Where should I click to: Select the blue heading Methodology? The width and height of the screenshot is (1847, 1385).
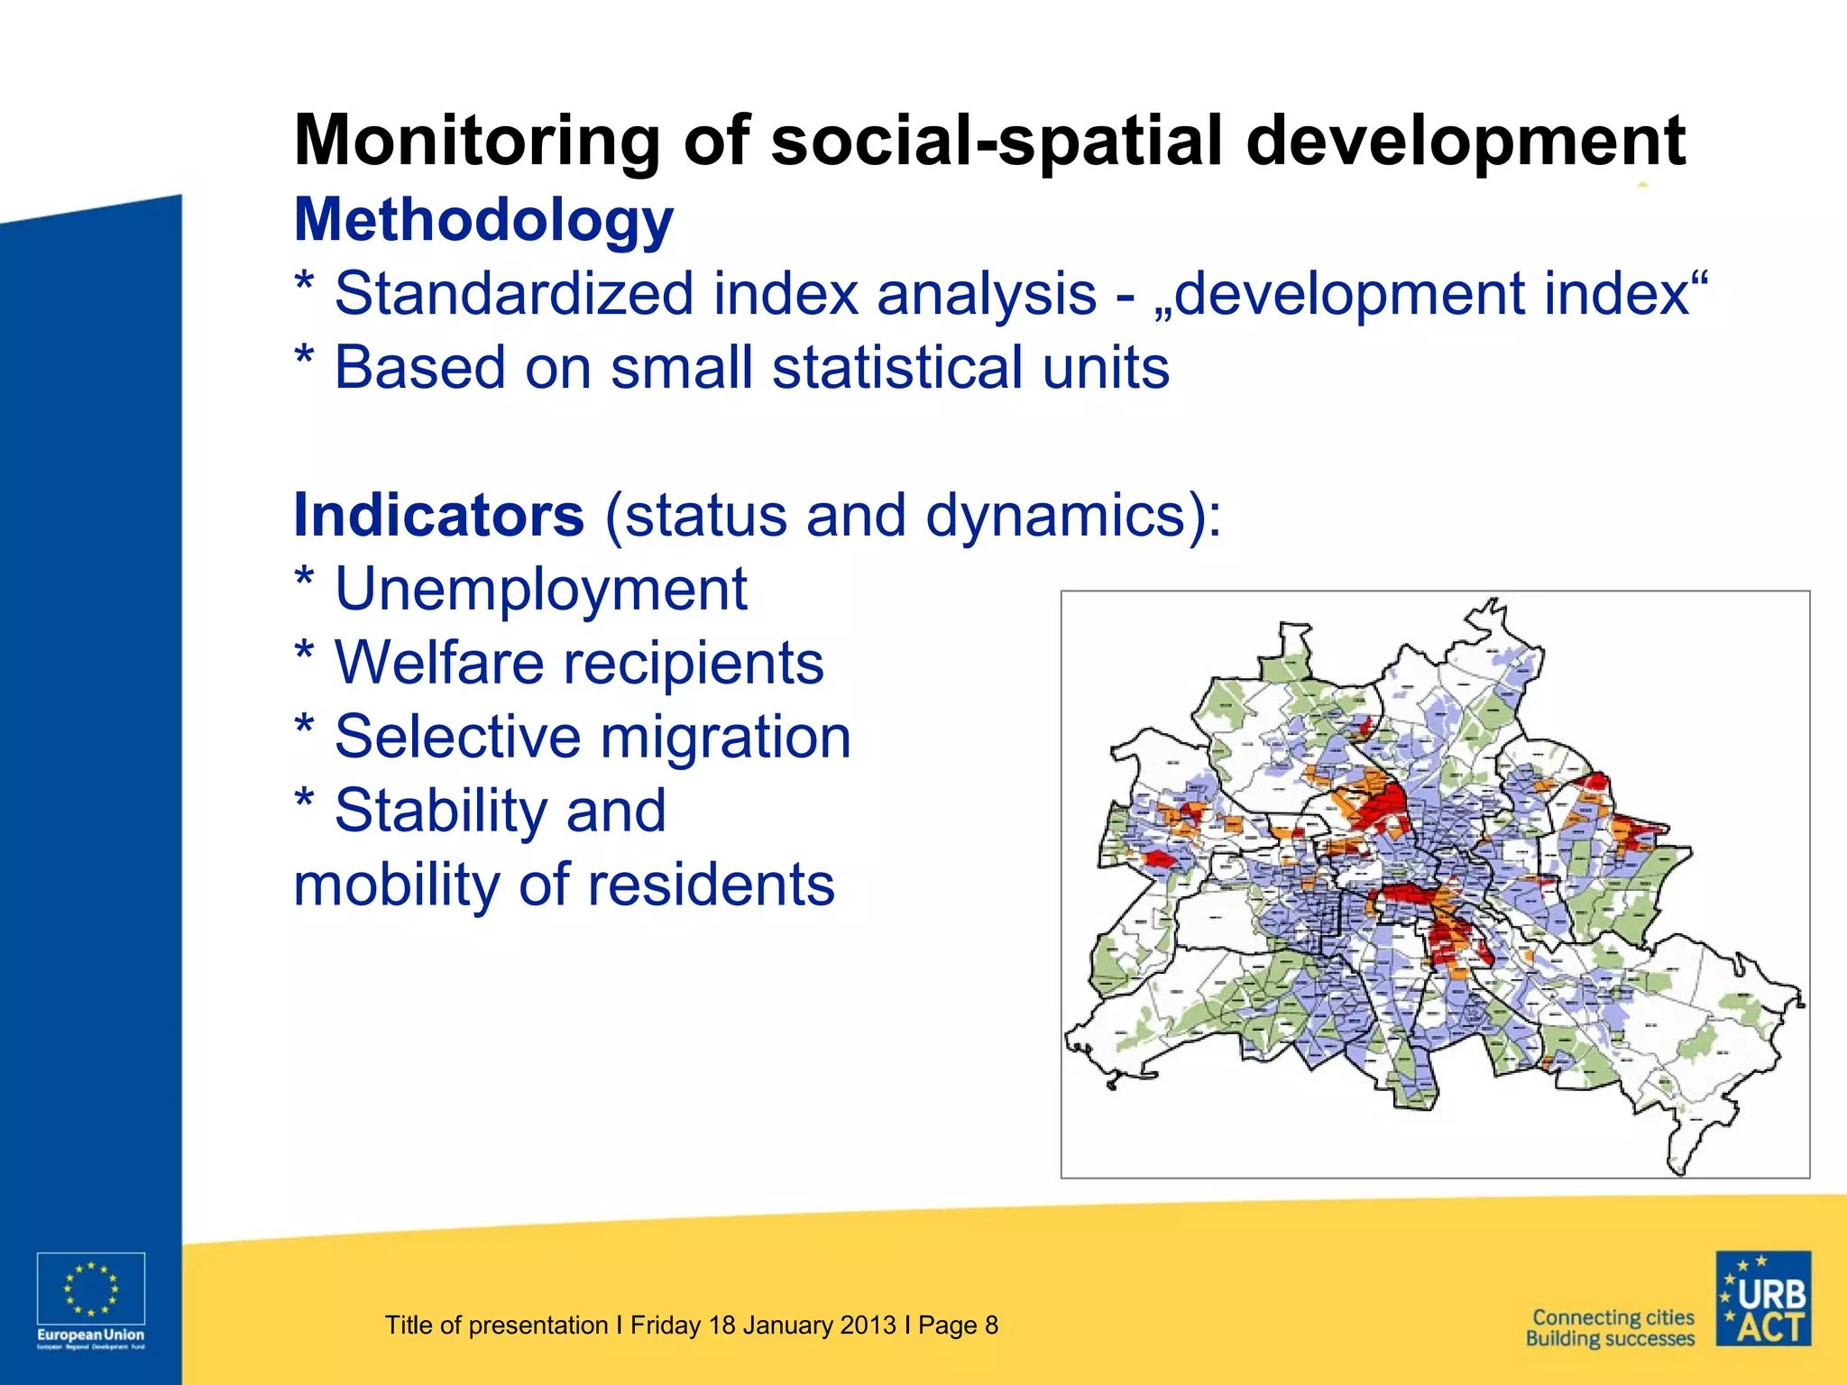(483, 220)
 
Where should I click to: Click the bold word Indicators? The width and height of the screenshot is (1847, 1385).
(439, 515)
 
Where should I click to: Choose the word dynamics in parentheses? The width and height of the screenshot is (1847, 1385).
(1064, 515)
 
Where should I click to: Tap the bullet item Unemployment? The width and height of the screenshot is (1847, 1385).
(540, 589)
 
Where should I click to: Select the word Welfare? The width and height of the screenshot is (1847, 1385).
(439, 663)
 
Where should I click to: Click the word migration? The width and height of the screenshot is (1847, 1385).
(725, 737)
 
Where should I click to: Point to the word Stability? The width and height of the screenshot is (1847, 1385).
(440, 811)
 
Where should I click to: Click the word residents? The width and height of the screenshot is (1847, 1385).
(712, 885)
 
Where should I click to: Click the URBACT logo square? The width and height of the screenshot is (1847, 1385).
(1762, 1298)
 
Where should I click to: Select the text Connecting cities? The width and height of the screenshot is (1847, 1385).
(1613, 1317)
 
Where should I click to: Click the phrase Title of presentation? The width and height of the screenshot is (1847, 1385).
(496, 1325)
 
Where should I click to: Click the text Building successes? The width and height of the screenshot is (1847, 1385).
(1610, 1339)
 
